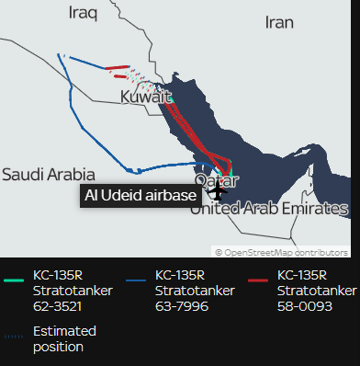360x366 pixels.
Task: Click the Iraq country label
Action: (x=85, y=12)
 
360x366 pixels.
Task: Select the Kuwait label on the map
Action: (x=146, y=96)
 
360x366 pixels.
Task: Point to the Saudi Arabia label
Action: (x=48, y=173)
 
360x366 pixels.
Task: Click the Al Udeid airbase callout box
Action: (x=140, y=196)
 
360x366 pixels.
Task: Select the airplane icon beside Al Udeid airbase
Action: (x=217, y=192)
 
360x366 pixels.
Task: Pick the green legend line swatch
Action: (x=15, y=280)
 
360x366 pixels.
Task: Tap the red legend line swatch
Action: (x=259, y=280)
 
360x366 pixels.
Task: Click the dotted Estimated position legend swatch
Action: (x=15, y=336)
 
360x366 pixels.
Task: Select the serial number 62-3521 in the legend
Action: (x=57, y=307)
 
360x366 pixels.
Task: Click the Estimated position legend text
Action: (x=63, y=338)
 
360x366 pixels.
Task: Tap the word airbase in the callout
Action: (x=171, y=196)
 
